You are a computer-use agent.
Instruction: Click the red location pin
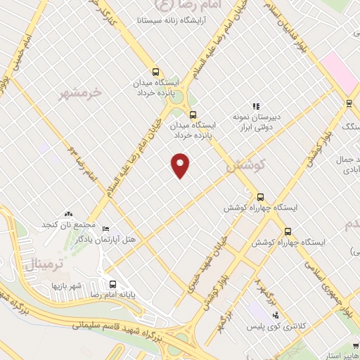181,164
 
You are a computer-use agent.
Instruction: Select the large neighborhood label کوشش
244,166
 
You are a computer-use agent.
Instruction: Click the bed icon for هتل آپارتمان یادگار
106,229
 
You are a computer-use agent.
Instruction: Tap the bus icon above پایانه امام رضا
112,285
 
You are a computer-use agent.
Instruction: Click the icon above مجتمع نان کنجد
68,213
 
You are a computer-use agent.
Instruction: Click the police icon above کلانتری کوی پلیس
276,315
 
